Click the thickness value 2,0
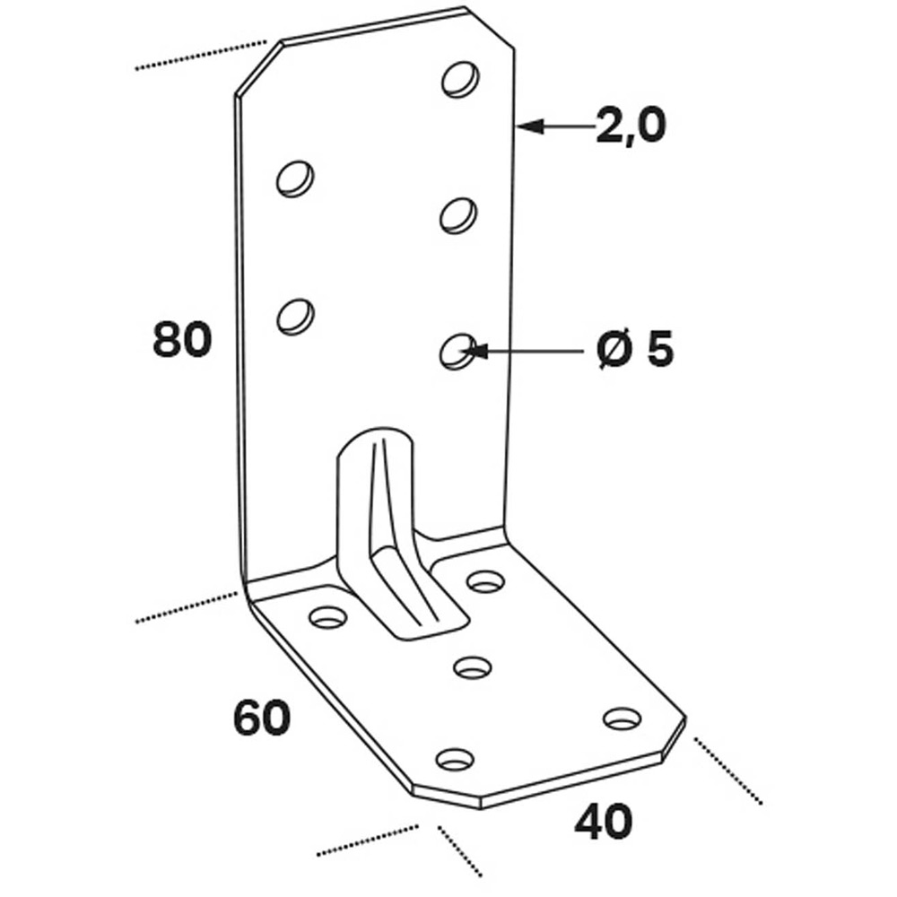pyautogui.click(x=631, y=126)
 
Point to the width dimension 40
pyautogui.click(x=603, y=822)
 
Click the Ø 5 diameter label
pyautogui.click(x=634, y=350)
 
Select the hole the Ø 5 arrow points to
pyautogui.click(x=457, y=351)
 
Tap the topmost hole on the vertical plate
pyautogui.click(x=459, y=79)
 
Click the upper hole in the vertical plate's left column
pyautogui.click(x=294, y=179)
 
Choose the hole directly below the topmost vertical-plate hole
pyautogui.click(x=458, y=214)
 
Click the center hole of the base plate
pyautogui.click(x=473, y=666)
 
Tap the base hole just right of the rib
pyautogui.click(x=485, y=582)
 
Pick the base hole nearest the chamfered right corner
pyautogui.click(x=622, y=718)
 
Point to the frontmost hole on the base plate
pyautogui.click(x=455, y=760)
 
